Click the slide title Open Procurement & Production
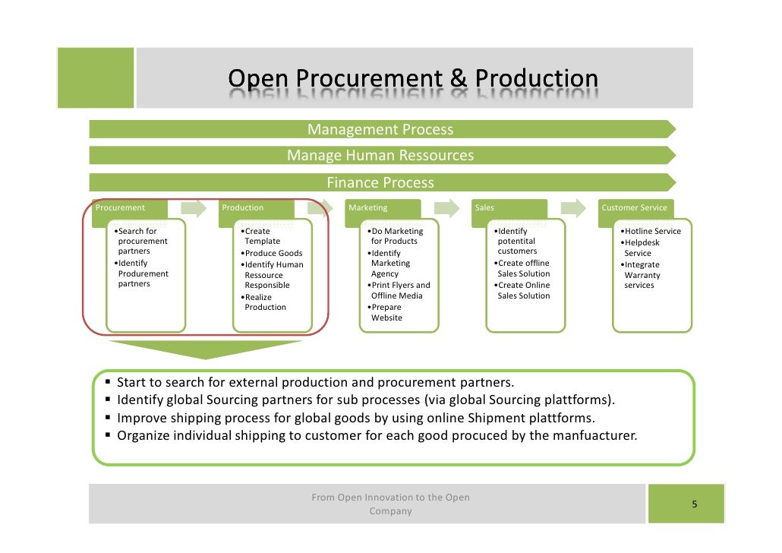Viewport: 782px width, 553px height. click(x=413, y=79)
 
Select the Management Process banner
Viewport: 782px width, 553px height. click(x=380, y=130)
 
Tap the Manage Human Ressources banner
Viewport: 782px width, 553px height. click(x=380, y=156)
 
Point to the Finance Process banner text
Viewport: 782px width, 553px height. click(x=380, y=182)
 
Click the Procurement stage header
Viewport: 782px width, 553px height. click(x=121, y=207)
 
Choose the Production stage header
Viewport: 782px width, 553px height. click(x=243, y=207)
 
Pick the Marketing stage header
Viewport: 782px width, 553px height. click(x=368, y=207)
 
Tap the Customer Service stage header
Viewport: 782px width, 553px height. click(x=634, y=207)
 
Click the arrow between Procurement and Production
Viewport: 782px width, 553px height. click(x=194, y=208)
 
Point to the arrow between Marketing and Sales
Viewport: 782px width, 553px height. click(x=446, y=208)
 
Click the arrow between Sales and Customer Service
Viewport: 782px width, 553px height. click(x=574, y=208)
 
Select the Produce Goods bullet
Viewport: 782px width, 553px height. click(x=272, y=253)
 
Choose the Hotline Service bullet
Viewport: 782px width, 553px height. click(x=651, y=231)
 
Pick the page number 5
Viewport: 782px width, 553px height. click(x=694, y=504)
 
